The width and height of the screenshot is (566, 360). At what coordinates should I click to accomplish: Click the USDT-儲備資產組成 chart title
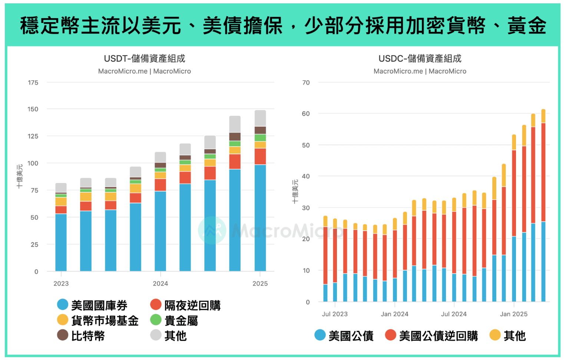(x=144, y=59)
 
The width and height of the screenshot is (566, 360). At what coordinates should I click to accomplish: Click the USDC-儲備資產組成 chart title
(x=420, y=59)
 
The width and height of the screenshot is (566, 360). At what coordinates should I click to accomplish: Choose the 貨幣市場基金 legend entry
(x=98, y=320)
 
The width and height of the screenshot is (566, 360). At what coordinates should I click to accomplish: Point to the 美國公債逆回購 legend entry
(x=432, y=336)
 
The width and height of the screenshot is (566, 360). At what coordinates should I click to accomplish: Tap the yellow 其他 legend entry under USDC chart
(x=508, y=336)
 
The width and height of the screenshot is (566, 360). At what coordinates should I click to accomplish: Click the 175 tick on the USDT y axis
(x=33, y=83)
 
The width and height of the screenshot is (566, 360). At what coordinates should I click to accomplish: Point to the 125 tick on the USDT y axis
(x=33, y=136)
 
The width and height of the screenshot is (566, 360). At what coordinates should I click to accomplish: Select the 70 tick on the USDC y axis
(x=306, y=83)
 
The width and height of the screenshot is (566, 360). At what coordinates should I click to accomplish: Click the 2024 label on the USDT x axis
(x=160, y=284)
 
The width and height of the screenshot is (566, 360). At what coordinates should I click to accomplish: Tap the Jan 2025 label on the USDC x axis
(x=513, y=314)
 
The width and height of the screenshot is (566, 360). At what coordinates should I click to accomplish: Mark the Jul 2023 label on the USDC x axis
(x=334, y=314)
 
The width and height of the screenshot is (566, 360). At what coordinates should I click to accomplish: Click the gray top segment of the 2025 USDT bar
(x=260, y=118)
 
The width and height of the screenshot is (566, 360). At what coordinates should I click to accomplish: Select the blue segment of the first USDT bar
(x=61, y=243)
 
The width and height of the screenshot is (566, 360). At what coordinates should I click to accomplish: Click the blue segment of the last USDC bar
(x=543, y=261)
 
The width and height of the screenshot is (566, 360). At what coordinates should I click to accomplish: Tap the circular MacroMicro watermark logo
(x=212, y=230)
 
